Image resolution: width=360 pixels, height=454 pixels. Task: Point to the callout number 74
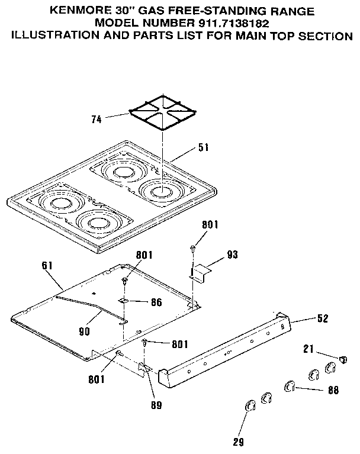(x=95, y=119)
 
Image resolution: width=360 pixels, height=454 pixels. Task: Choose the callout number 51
(x=203, y=147)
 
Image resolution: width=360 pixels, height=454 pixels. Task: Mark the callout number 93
(x=233, y=256)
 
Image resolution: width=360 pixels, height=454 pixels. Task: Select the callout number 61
(x=47, y=266)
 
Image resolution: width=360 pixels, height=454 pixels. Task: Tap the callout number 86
(x=156, y=302)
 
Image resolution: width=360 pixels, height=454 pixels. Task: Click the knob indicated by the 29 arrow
(x=249, y=405)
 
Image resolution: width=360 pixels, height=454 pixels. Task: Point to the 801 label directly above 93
(x=210, y=225)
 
